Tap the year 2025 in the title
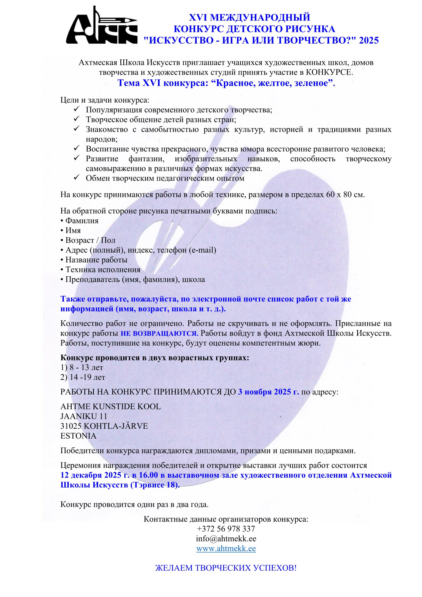tap(369, 40)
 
